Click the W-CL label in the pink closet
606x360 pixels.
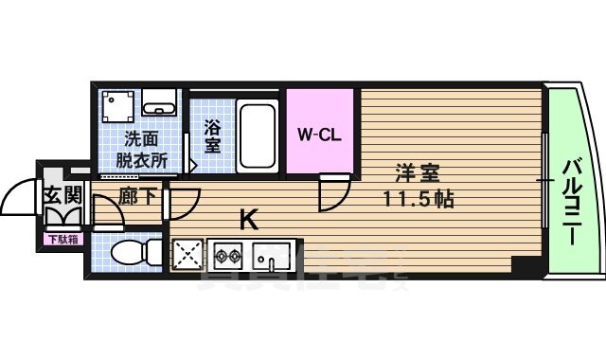pos(320,134)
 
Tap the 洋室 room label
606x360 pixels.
pos(418,174)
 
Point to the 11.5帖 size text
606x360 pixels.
pos(418,200)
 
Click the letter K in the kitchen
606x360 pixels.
pos(248,220)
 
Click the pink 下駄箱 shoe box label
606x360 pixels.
pos(63,239)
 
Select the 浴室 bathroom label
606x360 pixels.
pos(212,135)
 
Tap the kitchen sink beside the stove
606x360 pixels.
pos(271,256)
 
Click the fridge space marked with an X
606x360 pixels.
pos(188,256)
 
